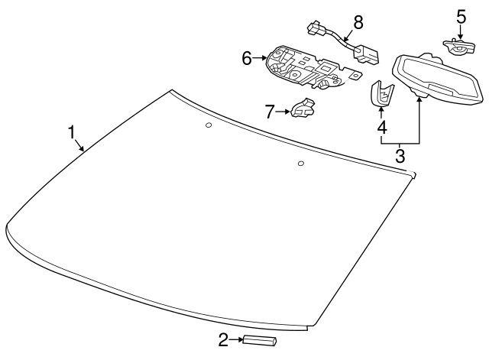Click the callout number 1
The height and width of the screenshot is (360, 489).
coord(72,132)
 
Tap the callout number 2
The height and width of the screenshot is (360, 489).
coord(223,340)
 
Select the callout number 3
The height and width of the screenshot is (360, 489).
coord(400,155)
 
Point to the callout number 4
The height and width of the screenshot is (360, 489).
coord(382,128)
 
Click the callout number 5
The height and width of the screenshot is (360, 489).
coord(461,17)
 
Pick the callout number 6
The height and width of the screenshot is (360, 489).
coord(247,58)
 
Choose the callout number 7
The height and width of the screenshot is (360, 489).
coord(270,112)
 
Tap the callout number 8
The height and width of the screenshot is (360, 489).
coord(358,22)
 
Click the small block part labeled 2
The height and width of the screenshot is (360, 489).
coord(260,340)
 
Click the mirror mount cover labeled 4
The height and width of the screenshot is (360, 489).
coord(381,93)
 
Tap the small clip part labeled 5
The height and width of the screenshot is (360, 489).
coord(459,47)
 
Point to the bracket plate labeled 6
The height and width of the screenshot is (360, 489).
coord(312,67)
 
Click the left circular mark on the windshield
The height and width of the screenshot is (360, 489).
coord(209,125)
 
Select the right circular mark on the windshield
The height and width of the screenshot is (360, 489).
coord(301,164)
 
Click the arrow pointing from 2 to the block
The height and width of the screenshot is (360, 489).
coord(236,340)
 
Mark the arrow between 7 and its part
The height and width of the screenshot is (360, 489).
coord(283,112)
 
